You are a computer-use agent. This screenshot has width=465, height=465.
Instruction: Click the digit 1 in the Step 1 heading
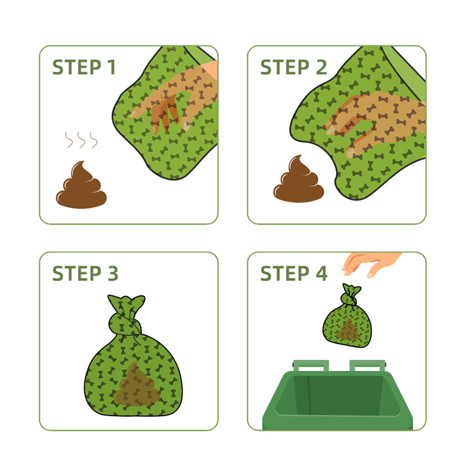(112, 67)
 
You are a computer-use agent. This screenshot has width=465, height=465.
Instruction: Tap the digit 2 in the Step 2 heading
(321, 67)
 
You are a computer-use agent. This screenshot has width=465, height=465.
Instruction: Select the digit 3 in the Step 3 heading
(113, 273)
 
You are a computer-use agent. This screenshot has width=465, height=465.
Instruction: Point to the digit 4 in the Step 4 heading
(321, 273)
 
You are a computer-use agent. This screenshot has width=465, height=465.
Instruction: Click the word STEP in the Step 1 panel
(77, 67)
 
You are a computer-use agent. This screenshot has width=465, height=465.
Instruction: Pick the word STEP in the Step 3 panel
(77, 273)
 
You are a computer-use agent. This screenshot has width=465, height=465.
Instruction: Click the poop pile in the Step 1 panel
(81, 185)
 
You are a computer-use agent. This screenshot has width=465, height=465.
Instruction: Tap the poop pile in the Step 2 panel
(299, 179)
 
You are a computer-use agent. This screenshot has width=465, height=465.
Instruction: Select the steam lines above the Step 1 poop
(81, 140)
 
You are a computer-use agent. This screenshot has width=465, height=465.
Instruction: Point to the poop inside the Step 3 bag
(137, 385)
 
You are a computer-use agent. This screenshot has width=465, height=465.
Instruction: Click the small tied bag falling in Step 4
(347, 316)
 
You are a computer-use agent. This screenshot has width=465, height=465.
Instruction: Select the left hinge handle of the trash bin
(311, 366)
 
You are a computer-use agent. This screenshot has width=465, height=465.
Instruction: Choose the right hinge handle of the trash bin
(368, 366)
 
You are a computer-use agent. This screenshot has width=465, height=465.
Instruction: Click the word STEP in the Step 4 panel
(285, 273)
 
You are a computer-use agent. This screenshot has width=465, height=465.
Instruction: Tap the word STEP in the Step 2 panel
(285, 67)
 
